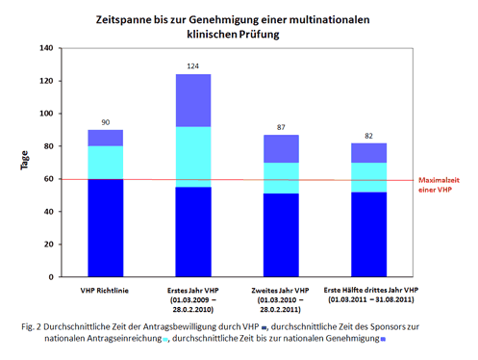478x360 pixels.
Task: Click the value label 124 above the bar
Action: click(192, 65)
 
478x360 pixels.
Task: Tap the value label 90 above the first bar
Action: click(106, 121)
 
